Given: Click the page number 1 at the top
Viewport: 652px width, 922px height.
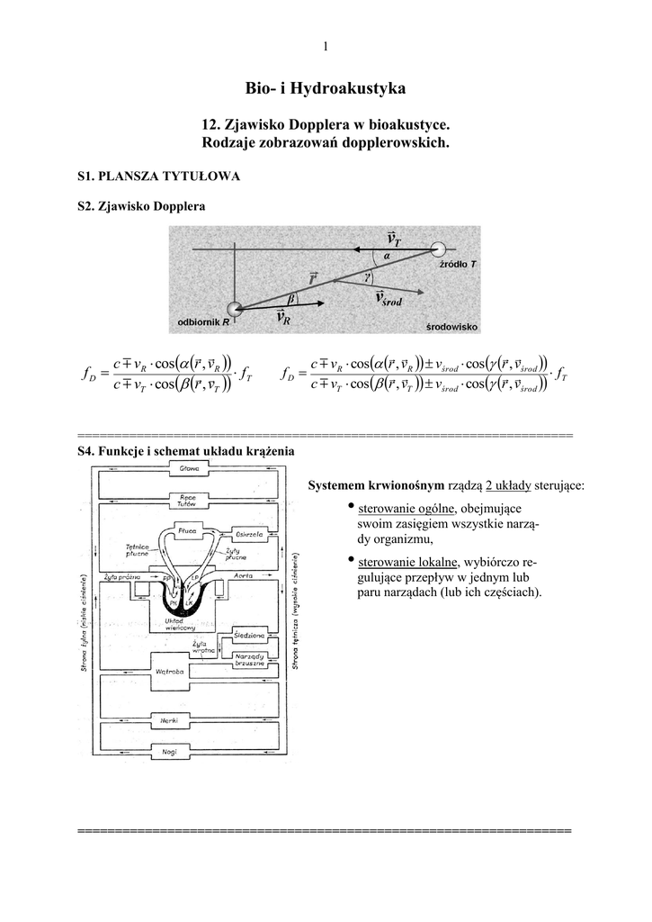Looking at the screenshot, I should tap(326, 47).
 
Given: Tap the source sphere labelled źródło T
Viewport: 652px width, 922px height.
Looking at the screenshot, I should tap(439, 249).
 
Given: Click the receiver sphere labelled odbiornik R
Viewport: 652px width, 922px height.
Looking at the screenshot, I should tap(234, 310).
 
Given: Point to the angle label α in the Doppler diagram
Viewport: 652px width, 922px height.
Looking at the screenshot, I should tap(386, 257).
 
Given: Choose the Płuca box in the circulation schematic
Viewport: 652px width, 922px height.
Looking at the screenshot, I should tap(188, 530).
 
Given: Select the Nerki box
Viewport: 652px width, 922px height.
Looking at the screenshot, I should tap(169, 722).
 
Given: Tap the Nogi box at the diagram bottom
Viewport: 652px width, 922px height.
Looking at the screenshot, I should tap(169, 750).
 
